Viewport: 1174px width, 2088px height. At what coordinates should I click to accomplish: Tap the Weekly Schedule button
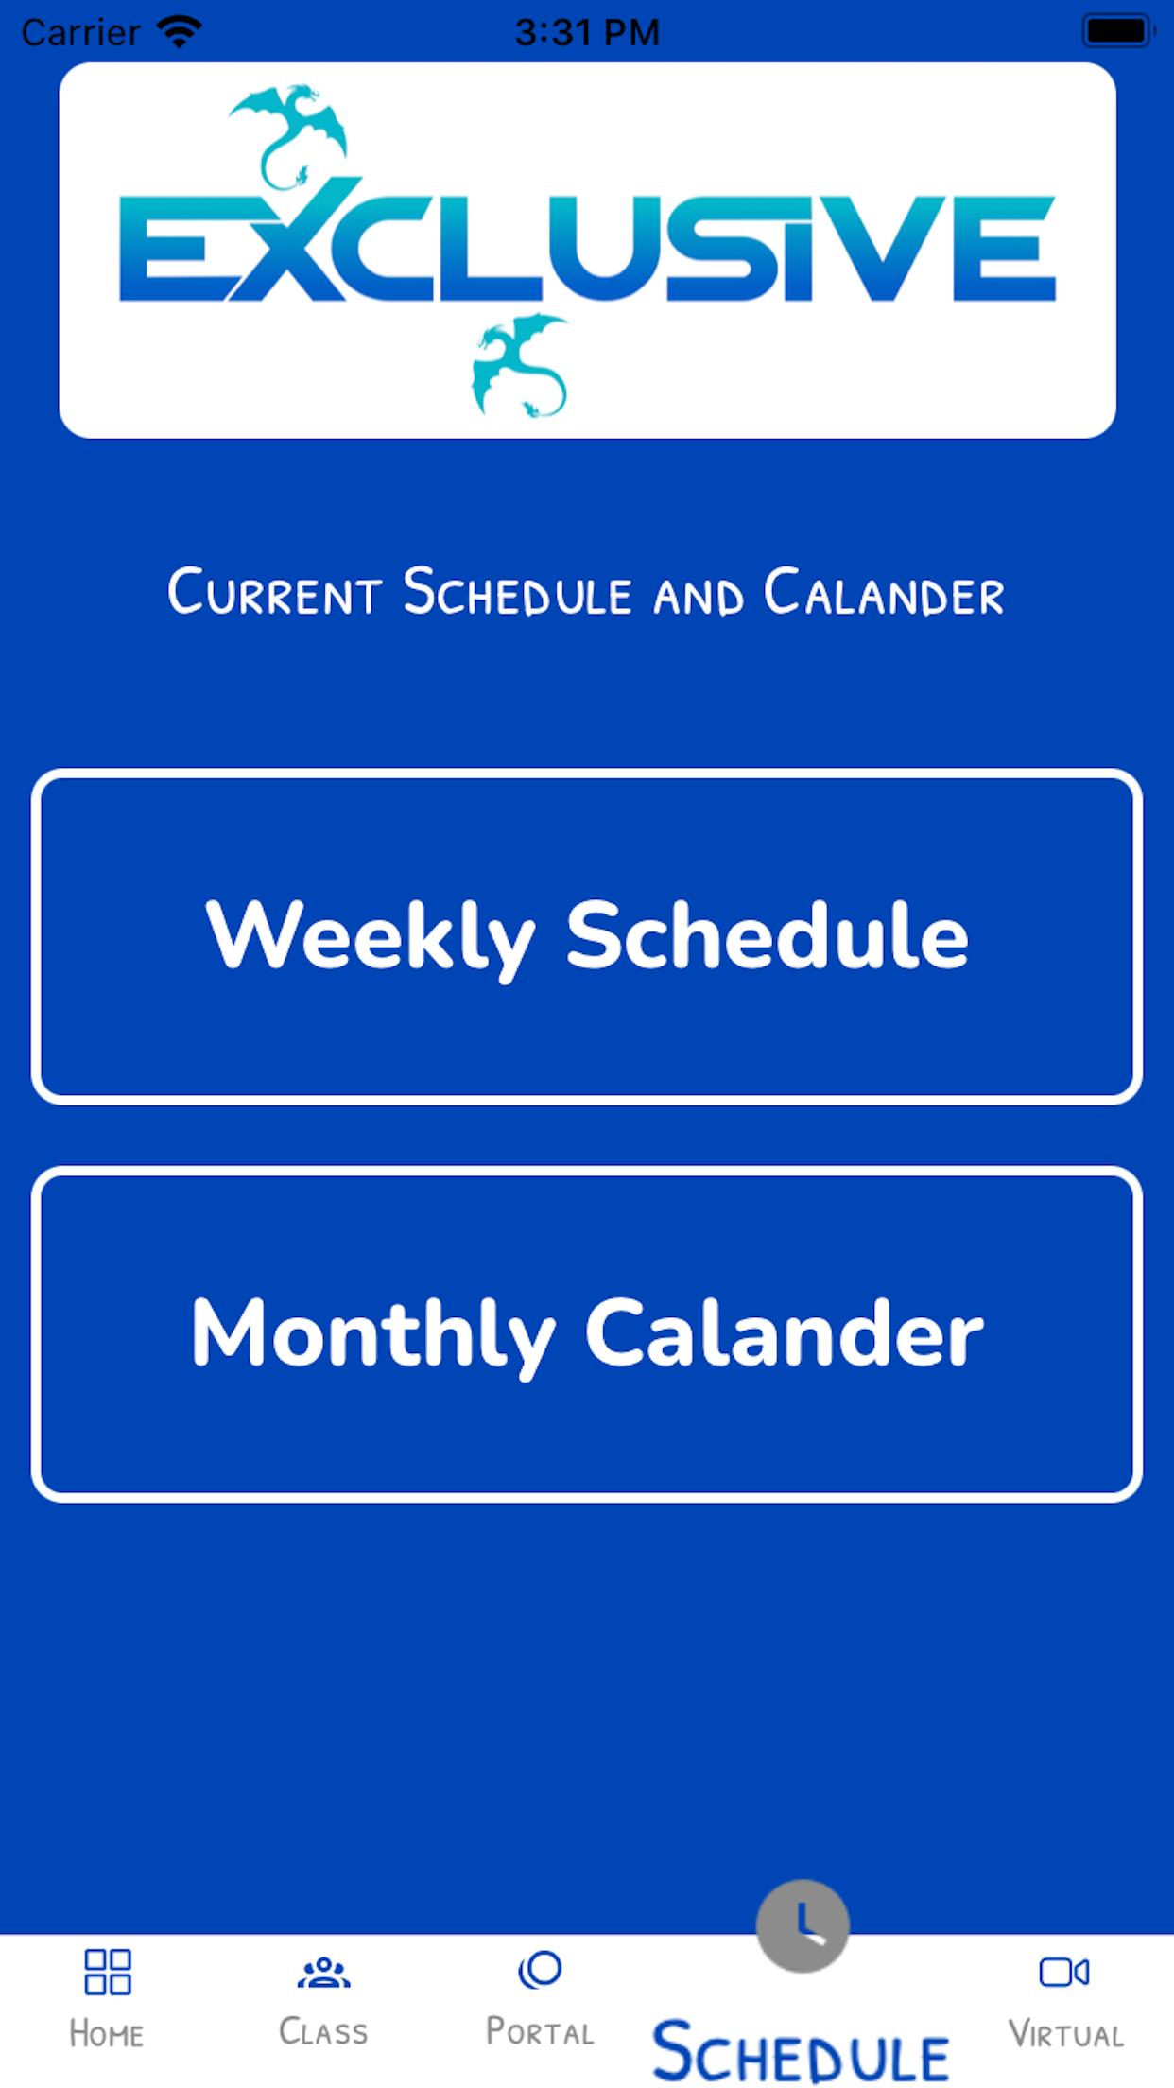(x=586, y=936)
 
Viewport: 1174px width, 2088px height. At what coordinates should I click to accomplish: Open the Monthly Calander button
(x=586, y=1333)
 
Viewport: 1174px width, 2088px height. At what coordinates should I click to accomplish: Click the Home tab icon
(x=107, y=1972)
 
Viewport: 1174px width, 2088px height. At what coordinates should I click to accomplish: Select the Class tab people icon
(x=323, y=1972)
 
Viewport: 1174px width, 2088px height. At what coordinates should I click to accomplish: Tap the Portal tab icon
(x=540, y=1970)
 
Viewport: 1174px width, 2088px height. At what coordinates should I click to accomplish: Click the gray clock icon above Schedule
(x=803, y=1925)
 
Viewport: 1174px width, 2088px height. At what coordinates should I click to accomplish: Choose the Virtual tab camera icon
(x=1064, y=1972)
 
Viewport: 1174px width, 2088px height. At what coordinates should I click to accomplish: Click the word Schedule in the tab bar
(x=801, y=2050)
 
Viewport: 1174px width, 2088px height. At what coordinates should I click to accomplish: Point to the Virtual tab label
(x=1065, y=2033)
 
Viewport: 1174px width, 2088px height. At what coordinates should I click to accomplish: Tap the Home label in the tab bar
(x=107, y=2033)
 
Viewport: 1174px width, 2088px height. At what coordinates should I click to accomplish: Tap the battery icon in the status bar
(x=1118, y=31)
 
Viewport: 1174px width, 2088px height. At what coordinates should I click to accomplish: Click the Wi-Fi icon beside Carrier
(x=179, y=32)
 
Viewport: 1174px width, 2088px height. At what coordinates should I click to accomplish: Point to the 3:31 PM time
(x=587, y=32)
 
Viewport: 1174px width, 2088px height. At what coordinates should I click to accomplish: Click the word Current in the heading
(x=274, y=593)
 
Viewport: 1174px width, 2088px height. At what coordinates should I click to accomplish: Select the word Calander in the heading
(x=884, y=593)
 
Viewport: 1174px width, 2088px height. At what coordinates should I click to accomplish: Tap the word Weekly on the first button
(x=371, y=936)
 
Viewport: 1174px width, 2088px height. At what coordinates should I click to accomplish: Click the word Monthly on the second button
(x=373, y=1333)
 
